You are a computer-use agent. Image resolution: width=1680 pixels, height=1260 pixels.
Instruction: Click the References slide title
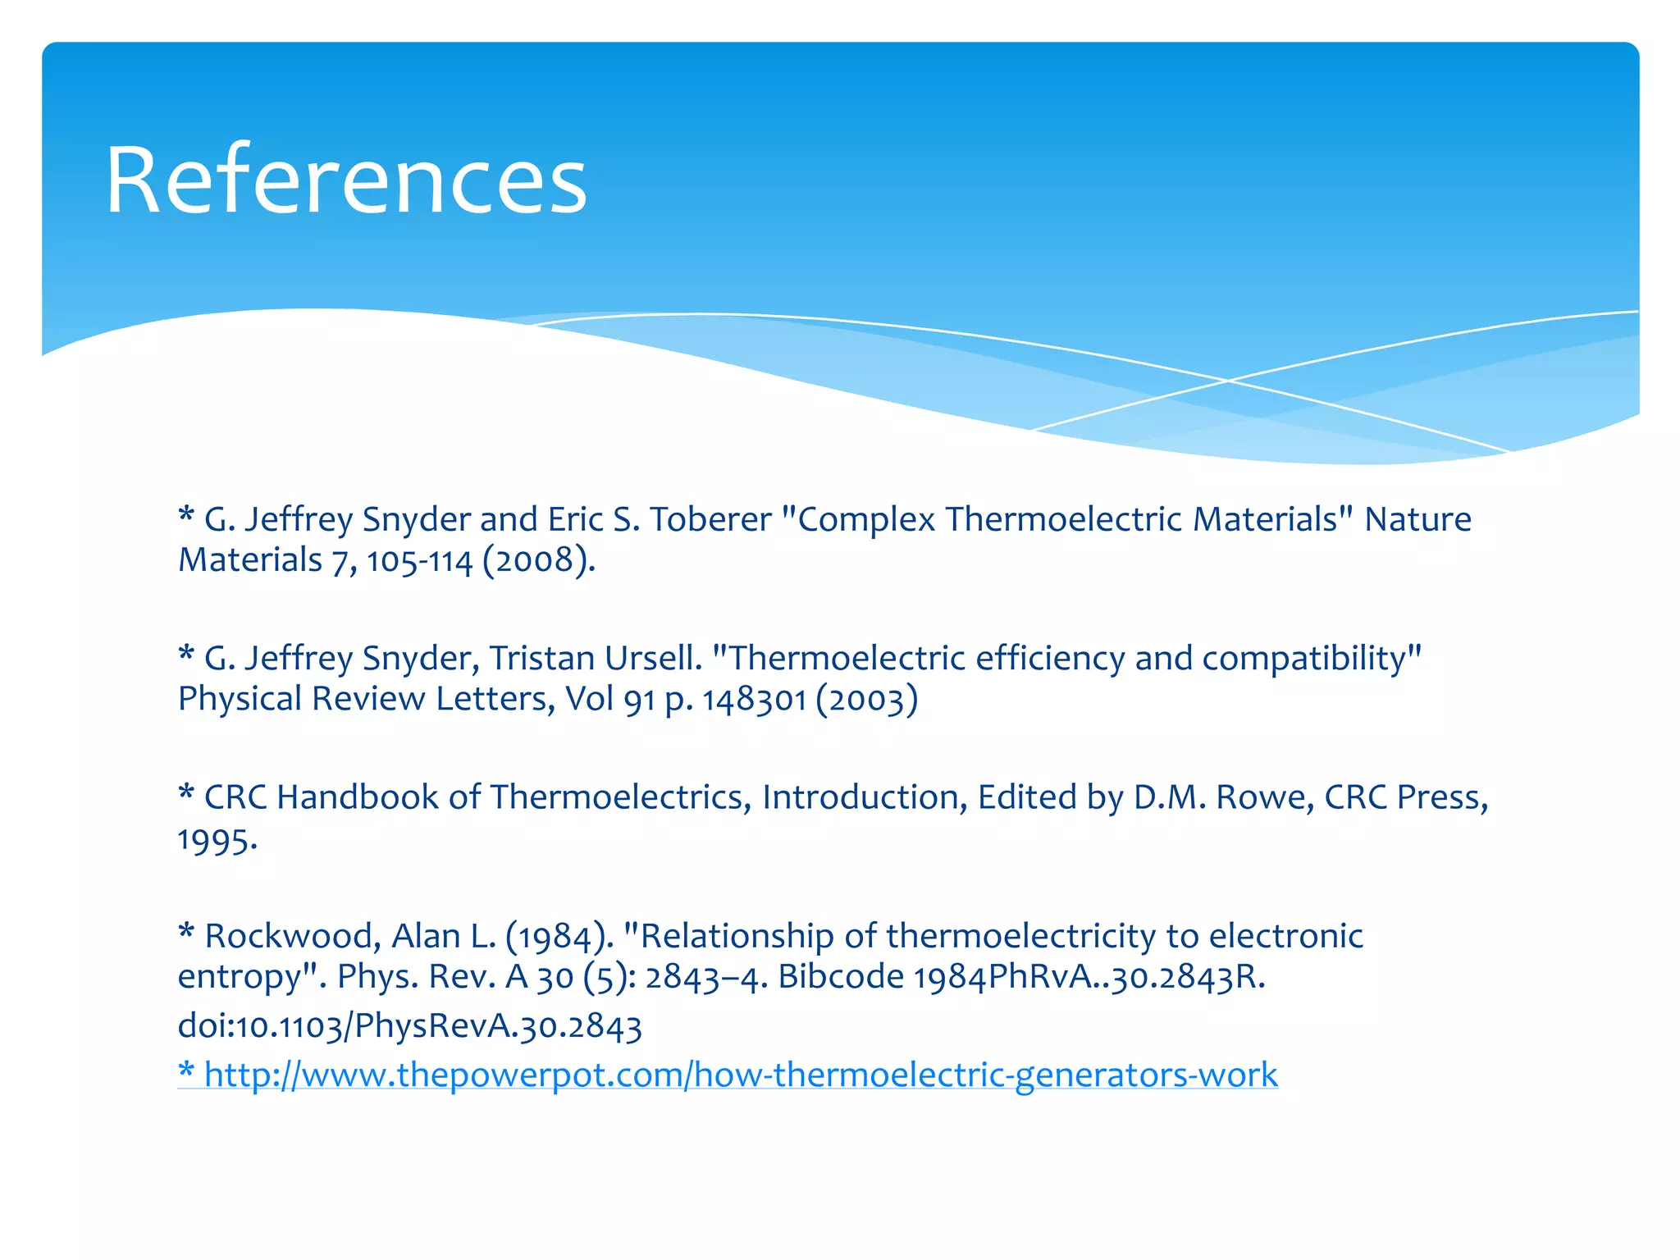(x=346, y=180)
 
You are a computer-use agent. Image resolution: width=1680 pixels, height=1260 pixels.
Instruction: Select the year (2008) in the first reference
(x=538, y=561)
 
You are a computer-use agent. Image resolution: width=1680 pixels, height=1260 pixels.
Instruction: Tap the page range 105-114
(x=419, y=561)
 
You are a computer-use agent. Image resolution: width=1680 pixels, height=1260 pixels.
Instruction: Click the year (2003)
(x=866, y=700)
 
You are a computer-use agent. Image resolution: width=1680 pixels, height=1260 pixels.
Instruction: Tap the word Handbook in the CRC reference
(x=358, y=797)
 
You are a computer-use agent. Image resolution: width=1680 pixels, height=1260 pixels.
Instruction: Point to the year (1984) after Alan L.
(x=559, y=936)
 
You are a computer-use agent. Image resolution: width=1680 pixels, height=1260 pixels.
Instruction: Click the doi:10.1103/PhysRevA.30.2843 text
(x=409, y=1026)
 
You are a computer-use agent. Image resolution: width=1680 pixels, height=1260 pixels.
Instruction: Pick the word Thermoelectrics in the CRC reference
(x=620, y=797)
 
